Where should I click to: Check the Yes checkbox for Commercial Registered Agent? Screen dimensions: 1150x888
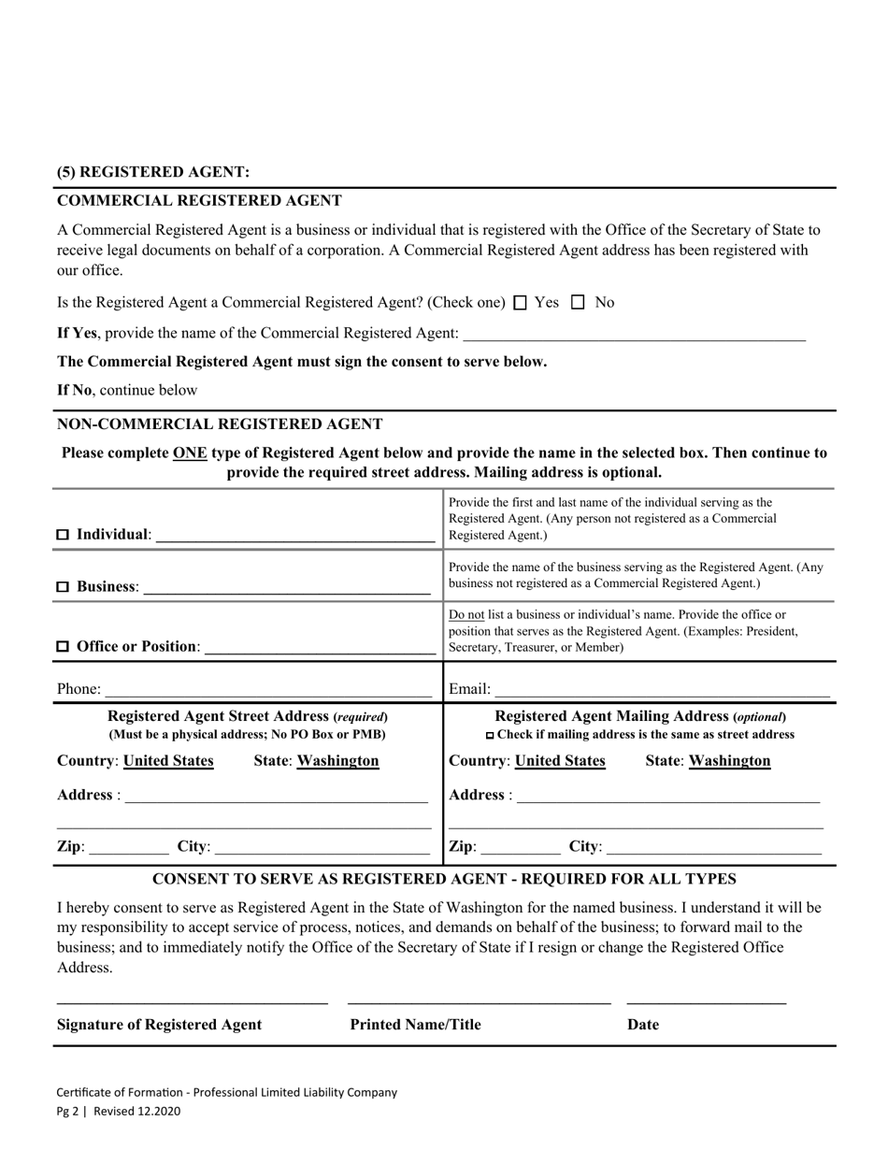point(522,303)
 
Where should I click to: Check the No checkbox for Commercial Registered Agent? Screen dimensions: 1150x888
point(578,303)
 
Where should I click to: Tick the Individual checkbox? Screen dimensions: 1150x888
point(64,535)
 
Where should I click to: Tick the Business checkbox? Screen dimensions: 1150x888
point(64,587)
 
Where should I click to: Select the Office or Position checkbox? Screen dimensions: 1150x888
point(64,647)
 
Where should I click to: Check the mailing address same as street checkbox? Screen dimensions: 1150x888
point(491,736)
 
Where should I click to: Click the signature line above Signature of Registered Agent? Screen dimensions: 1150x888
point(193,1001)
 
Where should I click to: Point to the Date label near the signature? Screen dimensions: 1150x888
point(643,1025)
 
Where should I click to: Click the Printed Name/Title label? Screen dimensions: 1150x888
point(415,1025)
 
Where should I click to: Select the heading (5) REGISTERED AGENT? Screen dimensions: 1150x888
point(153,172)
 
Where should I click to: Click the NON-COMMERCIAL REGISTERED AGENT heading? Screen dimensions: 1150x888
point(220,424)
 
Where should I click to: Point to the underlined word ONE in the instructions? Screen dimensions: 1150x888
point(190,453)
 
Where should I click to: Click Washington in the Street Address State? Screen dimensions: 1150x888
point(338,761)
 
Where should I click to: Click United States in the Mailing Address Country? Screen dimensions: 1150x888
point(560,761)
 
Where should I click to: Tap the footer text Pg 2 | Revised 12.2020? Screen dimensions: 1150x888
point(119,1112)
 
